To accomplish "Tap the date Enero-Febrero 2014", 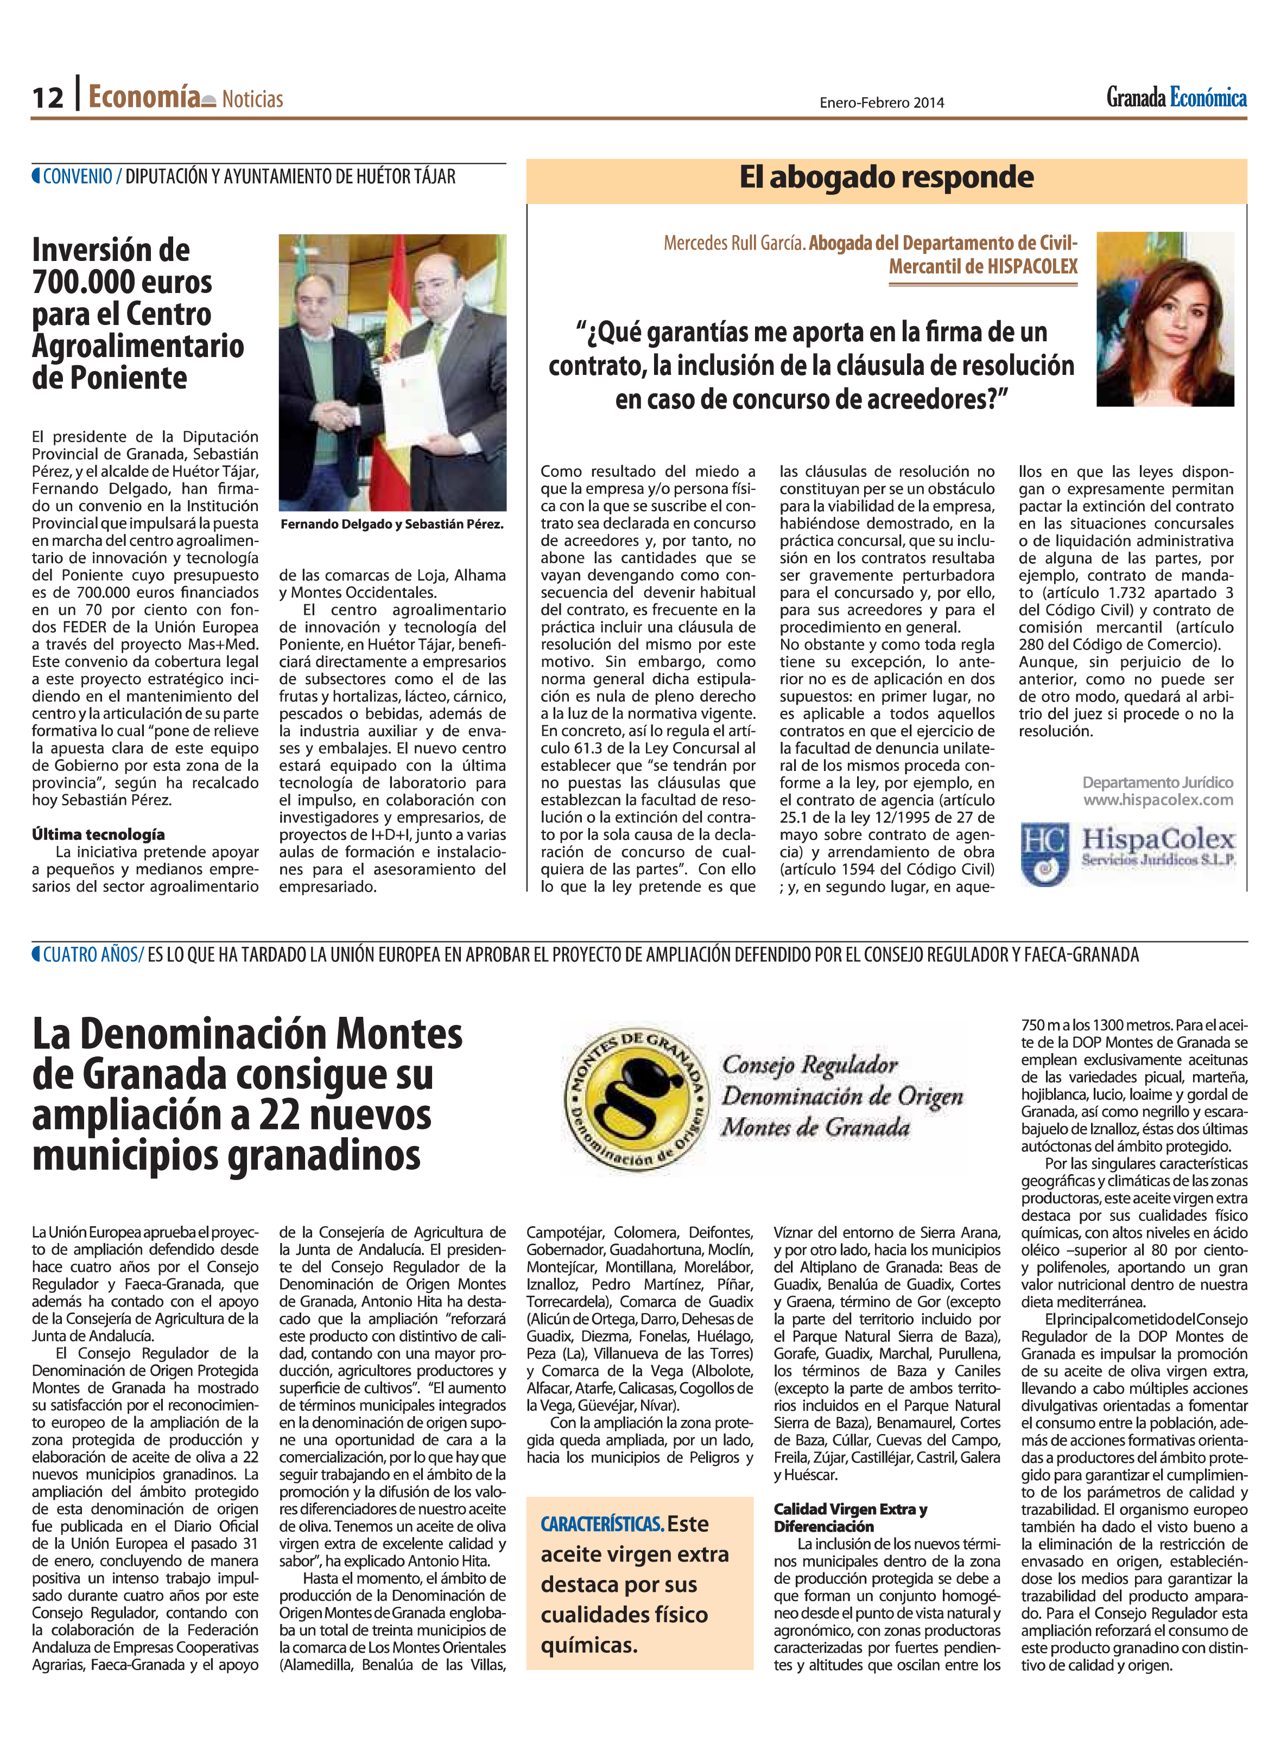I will pyautogui.click(x=881, y=103).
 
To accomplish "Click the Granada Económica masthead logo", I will pyautogui.click(x=1176, y=98).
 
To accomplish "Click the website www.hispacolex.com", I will pyautogui.click(x=1158, y=800).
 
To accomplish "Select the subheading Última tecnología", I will pyautogui.click(x=98, y=834).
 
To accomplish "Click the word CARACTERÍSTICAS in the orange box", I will pyautogui.click(x=602, y=1524).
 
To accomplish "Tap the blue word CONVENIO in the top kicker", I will pyautogui.click(x=78, y=177).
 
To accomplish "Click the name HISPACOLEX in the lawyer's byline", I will pyautogui.click(x=1032, y=267).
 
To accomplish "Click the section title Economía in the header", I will pyautogui.click(x=144, y=97).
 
